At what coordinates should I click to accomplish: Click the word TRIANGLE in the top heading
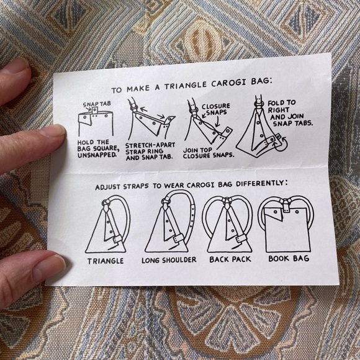pyautogui.click(x=185, y=86)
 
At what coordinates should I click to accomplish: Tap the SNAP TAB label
pyautogui.click(x=97, y=104)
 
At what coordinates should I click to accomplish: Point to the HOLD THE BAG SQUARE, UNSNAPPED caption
pyautogui.click(x=98, y=149)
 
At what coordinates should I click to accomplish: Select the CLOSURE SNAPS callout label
pyautogui.click(x=215, y=109)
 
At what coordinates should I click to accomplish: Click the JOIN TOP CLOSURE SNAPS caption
pyautogui.click(x=209, y=153)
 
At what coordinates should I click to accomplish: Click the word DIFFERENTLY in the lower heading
pyautogui.click(x=262, y=184)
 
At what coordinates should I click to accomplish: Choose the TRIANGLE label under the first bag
pyautogui.click(x=106, y=261)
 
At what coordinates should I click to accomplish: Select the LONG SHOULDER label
pyautogui.click(x=169, y=260)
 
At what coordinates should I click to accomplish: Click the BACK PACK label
pyautogui.click(x=230, y=259)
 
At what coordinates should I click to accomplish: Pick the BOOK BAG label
pyautogui.click(x=289, y=259)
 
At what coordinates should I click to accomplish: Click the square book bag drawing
pyautogui.click(x=289, y=230)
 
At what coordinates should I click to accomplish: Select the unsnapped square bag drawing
pyautogui.click(x=96, y=121)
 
